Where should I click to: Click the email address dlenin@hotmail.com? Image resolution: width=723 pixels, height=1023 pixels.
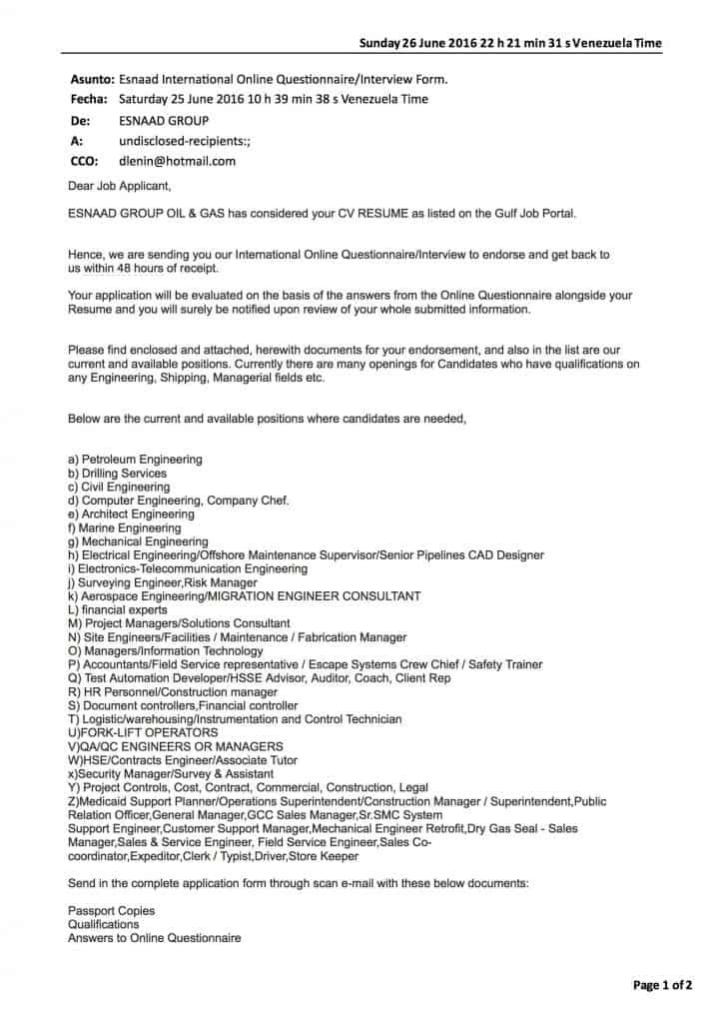click(177, 161)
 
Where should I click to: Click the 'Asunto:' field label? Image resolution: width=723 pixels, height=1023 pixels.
click(91, 79)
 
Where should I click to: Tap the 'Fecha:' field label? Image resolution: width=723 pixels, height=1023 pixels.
click(90, 100)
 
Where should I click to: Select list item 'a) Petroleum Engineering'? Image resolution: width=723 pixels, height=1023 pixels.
click(135, 460)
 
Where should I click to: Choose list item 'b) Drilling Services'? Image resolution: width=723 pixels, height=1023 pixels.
click(117, 474)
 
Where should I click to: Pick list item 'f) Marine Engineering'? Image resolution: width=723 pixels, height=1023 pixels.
click(124, 527)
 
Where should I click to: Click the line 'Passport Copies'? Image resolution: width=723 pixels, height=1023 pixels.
click(111, 911)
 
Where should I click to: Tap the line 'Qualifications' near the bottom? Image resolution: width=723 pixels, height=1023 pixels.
click(104, 925)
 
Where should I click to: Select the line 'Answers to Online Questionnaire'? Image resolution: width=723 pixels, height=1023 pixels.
click(154, 938)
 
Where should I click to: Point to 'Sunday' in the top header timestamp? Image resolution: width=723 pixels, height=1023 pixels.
click(382, 43)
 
